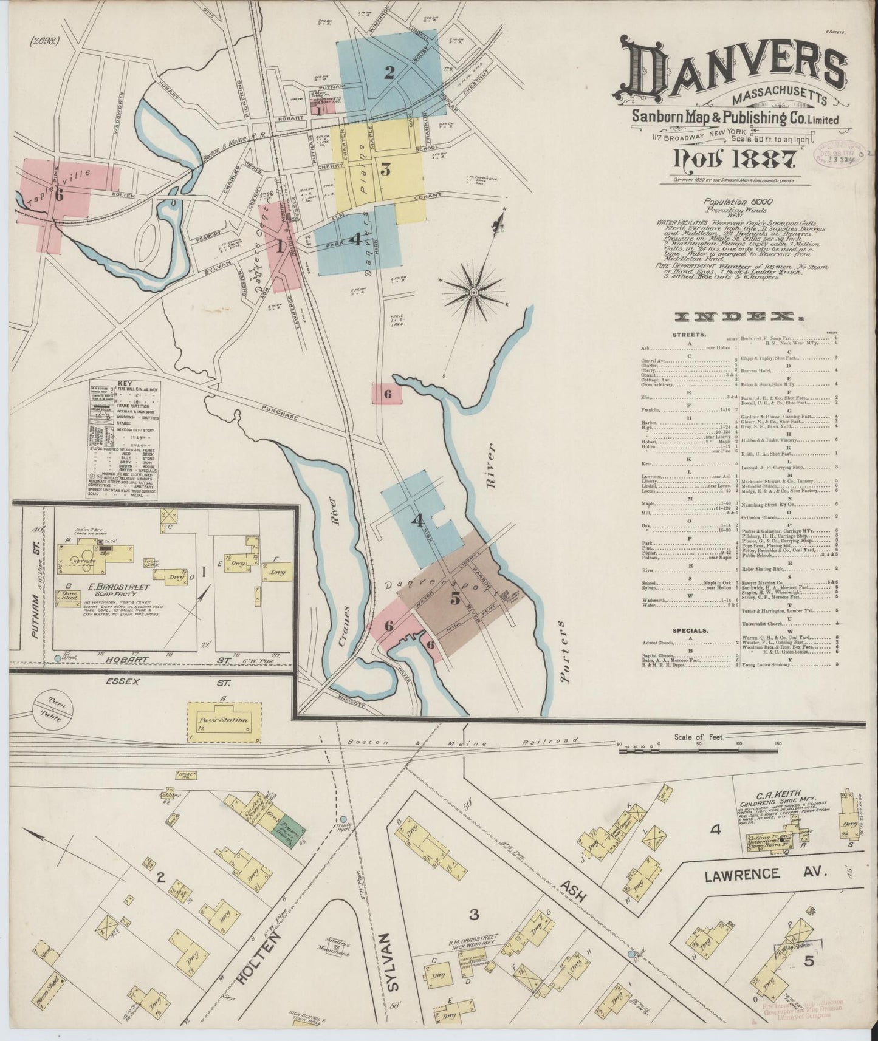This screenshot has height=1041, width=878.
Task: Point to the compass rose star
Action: pos(473,293)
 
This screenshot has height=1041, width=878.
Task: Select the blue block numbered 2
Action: pos(389,73)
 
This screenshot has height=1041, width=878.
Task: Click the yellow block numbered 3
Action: pos(385,169)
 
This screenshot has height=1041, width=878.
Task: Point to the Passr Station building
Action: pos(224,722)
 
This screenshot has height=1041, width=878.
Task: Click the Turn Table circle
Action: pos(54,708)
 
